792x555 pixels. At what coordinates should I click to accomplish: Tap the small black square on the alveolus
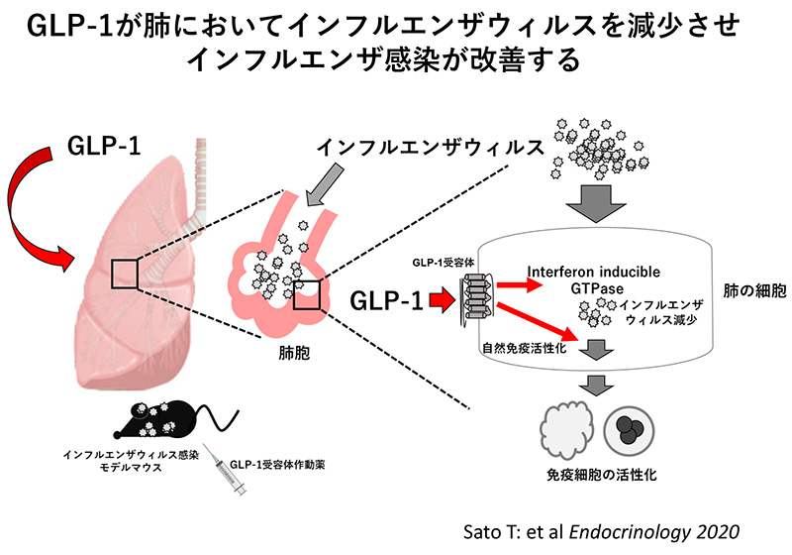click(307, 293)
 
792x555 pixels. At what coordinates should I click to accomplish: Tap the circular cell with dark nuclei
click(631, 428)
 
